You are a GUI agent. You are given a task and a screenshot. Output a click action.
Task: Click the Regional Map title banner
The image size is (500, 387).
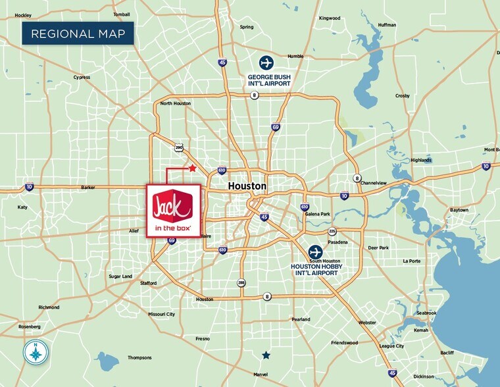[78, 34]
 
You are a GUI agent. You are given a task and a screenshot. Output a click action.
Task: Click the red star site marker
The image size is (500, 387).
[192, 168]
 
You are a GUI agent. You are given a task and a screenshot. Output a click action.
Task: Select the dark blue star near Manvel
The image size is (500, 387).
[266, 355]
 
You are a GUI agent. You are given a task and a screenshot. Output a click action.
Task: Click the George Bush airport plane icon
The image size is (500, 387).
[266, 63]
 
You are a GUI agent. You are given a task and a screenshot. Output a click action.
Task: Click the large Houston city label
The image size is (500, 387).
[247, 186]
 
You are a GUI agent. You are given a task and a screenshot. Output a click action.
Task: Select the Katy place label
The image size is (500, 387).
[22, 207]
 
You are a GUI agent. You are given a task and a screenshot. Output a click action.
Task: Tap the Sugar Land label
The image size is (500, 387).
[120, 276]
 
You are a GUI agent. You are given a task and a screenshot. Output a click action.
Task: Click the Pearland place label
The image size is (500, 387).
[301, 319]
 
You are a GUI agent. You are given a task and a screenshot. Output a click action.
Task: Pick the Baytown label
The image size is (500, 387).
[459, 209]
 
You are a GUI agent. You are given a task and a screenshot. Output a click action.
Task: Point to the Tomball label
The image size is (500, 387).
[121, 14]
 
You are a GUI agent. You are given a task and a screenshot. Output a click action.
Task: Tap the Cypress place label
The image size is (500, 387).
[82, 77]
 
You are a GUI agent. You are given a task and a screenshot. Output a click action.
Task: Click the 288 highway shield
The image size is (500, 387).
[241, 283]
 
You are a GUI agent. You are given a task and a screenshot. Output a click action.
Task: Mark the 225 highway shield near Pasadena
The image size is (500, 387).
[332, 232]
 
